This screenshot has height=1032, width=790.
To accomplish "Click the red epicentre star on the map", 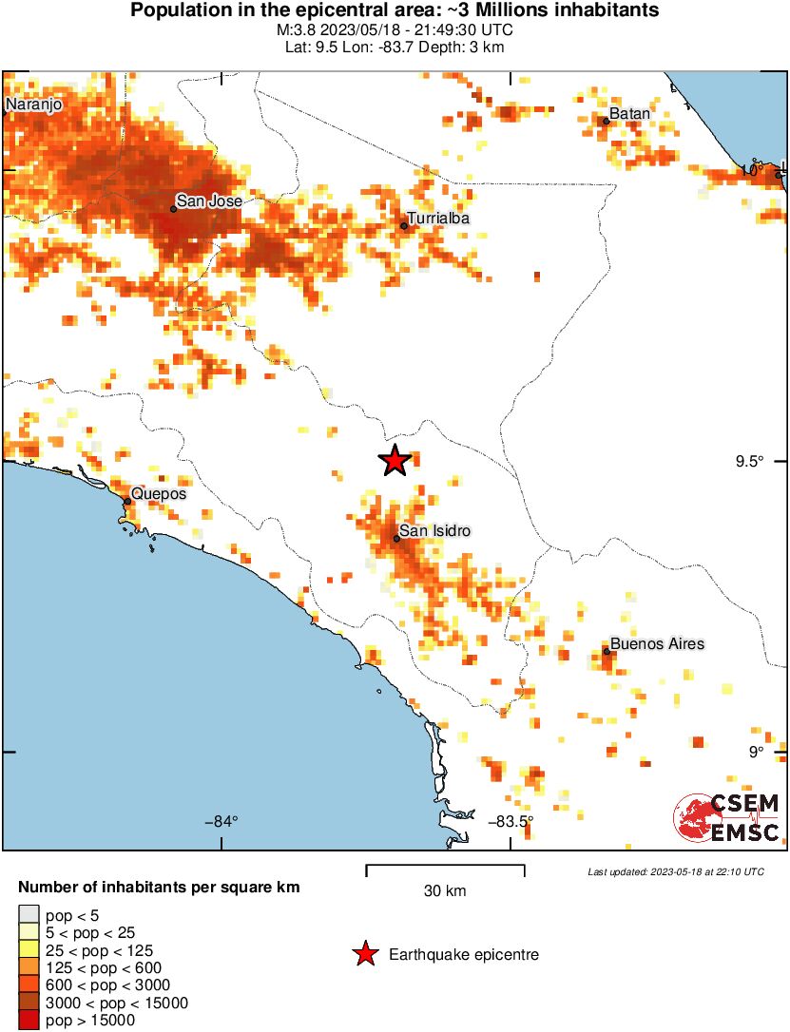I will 395,460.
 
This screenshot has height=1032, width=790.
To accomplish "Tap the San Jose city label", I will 209,201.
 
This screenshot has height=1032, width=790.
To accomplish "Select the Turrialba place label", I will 438,219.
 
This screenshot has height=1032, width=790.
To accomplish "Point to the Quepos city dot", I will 127,501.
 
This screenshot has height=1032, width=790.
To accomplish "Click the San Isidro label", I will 435,531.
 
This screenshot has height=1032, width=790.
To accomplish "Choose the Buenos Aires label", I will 657,643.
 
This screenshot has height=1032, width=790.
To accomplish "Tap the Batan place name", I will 629,113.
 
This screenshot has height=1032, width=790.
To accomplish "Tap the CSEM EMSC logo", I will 727,818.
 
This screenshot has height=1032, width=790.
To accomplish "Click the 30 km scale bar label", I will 444,890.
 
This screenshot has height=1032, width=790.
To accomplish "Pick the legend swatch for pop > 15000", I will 29,1021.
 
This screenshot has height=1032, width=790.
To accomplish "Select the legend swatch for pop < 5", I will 29,915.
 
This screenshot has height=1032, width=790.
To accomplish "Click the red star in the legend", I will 364,954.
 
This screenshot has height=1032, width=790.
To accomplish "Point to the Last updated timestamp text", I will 675,871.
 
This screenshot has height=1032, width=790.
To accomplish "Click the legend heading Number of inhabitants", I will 160,888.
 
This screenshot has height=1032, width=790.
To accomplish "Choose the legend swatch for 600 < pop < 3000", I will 29,985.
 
